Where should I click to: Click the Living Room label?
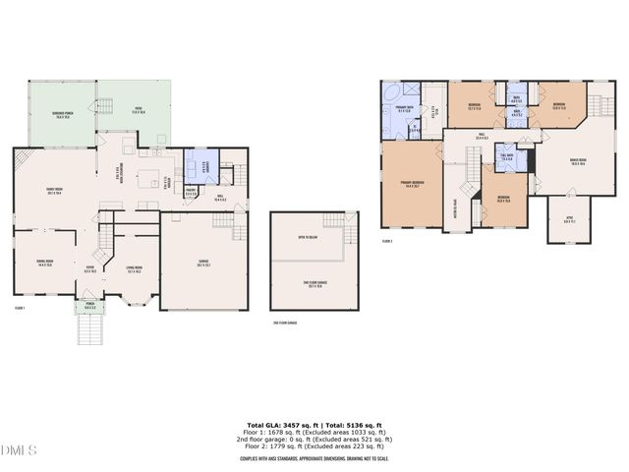pos(135,269)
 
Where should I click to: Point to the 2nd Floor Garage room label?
pos(314,285)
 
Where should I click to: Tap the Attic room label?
pos(570,220)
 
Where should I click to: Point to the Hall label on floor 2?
pos(482,135)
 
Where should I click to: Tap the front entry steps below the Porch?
pos(89,331)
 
